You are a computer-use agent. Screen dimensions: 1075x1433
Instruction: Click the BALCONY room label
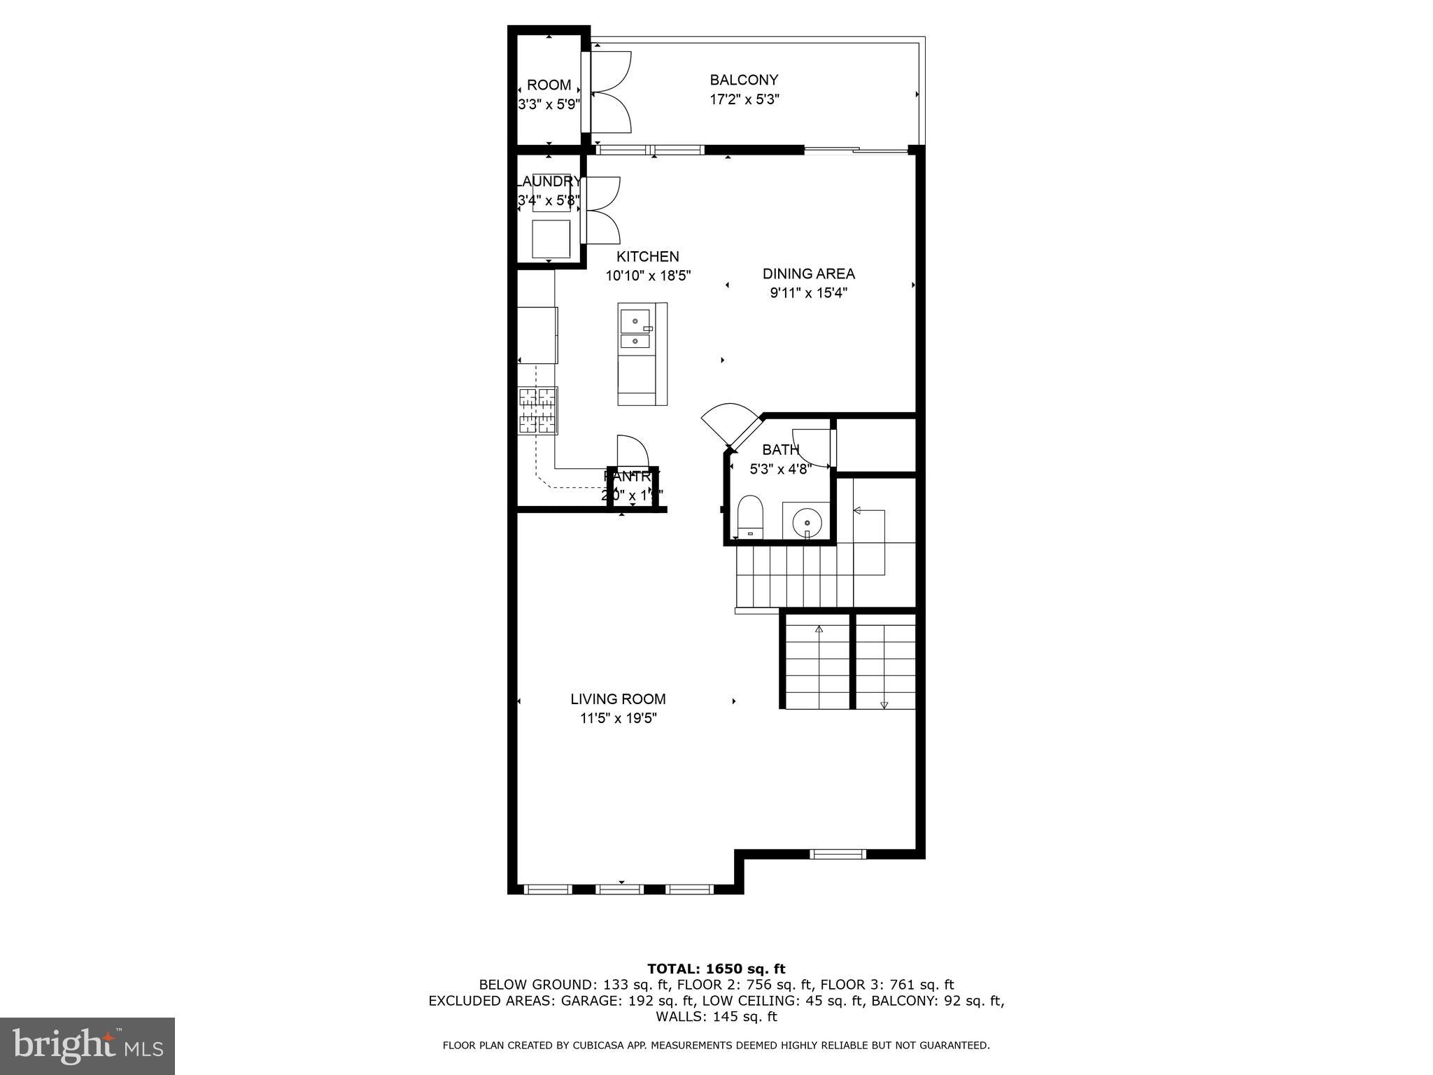(744, 80)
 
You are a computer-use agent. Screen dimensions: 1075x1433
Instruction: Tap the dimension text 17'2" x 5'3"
(744, 99)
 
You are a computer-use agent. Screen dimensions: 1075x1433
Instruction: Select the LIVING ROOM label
(618, 698)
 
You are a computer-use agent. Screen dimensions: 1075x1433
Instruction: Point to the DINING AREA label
(808, 274)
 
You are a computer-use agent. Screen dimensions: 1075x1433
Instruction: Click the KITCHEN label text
(647, 256)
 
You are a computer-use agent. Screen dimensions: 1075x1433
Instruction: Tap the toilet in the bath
(751, 516)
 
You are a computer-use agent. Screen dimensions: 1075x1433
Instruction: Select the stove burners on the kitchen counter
(537, 410)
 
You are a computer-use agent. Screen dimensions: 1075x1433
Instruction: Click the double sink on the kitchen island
(635, 330)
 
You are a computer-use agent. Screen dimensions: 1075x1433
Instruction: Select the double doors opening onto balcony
(612, 92)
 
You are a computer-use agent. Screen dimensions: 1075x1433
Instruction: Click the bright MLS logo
(87, 1046)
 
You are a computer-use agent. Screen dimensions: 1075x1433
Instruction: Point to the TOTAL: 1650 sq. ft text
(716, 969)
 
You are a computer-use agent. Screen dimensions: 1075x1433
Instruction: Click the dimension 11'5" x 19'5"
(618, 718)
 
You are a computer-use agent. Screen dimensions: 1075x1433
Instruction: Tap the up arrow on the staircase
(818, 630)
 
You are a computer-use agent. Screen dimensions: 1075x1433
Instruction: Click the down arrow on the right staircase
(884, 704)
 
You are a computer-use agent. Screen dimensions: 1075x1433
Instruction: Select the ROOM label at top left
(549, 85)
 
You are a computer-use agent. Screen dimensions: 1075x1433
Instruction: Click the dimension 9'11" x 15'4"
(808, 293)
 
